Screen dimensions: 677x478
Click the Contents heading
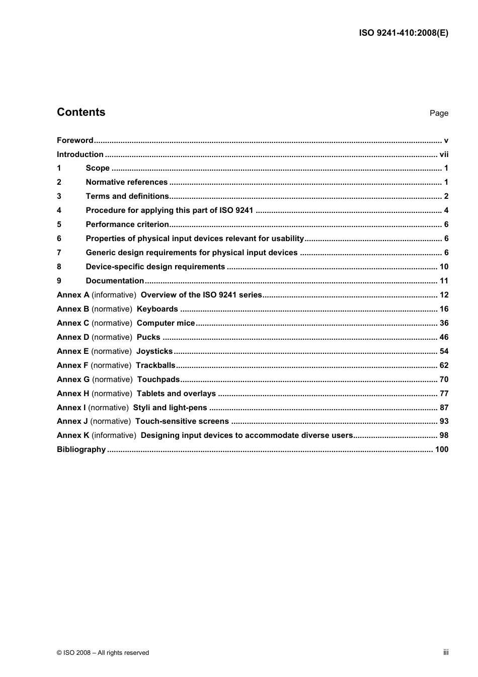(x=81, y=112)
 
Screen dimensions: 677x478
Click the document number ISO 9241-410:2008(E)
(x=404, y=33)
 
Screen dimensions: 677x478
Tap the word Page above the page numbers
(x=439, y=113)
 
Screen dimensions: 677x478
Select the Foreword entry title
(x=75, y=140)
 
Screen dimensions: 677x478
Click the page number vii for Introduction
(x=444, y=155)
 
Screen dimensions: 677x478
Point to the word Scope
(x=98, y=168)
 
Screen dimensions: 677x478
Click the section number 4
(x=59, y=210)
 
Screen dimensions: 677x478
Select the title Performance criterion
(x=127, y=224)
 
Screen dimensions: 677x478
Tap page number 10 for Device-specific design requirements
(x=444, y=267)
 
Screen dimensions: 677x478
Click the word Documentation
(x=115, y=281)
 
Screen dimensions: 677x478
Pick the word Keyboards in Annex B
(x=157, y=309)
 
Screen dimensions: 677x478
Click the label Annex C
(x=73, y=323)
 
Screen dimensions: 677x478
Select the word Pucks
(x=148, y=337)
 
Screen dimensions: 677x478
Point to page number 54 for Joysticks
(x=444, y=351)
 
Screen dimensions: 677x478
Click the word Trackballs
(x=155, y=365)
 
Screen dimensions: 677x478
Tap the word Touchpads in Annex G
(x=158, y=380)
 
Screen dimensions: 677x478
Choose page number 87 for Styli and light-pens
(x=444, y=408)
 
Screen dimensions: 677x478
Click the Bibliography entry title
(x=81, y=449)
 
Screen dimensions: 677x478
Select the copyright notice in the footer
(x=103, y=653)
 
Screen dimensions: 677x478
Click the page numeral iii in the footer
(x=446, y=652)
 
